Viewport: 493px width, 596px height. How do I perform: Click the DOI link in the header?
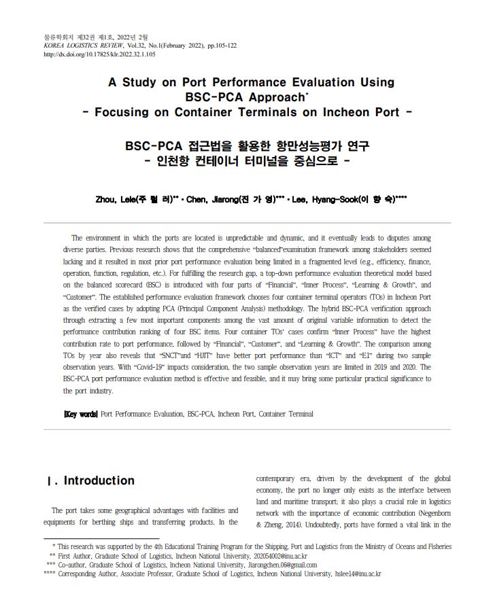click(x=99, y=54)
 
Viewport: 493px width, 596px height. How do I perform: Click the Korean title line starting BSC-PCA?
click(x=247, y=145)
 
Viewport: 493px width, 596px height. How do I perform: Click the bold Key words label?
click(x=80, y=413)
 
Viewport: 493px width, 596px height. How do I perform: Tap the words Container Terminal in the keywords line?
click(x=286, y=413)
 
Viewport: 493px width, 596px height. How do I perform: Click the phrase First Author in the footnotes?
click(x=78, y=555)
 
